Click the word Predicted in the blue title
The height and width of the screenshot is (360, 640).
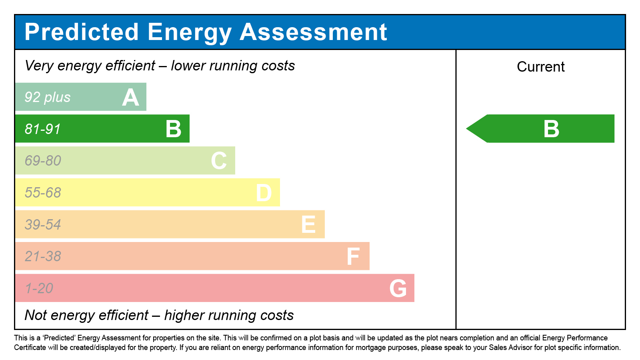point(82,32)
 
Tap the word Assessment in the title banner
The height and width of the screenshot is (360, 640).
point(313,32)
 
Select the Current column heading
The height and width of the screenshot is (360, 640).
point(540,67)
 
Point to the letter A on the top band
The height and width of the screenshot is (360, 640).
point(130,98)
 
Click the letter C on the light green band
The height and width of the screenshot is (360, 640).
point(219,161)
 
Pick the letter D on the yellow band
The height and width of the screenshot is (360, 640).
point(264,193)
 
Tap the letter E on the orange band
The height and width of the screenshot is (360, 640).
point(308,224)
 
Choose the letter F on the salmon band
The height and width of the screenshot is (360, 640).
point(353,256)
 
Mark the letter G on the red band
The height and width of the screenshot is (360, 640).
point(398,288)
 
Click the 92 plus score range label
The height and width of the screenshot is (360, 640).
point(48,97)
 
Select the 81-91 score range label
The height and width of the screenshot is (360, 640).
point(42,129)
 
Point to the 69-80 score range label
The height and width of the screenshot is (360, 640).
point(43,161)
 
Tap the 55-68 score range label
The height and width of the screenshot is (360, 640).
point(43,193)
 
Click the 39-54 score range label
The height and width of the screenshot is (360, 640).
point(43,225)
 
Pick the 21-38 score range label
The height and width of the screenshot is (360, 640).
point(43,256)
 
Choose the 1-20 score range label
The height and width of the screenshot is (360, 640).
point(39,288)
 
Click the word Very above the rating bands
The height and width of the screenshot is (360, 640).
point(39,66)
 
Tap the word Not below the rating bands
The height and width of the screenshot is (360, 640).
point(36,315)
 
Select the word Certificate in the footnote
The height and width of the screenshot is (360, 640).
point(30,348)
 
